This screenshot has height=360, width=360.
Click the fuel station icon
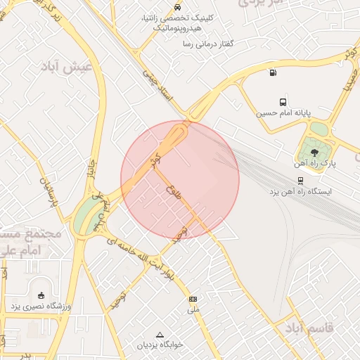pos(272,72)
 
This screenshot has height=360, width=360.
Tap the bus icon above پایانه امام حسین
pos(283,102)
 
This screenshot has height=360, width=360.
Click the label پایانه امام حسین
pos(283,113)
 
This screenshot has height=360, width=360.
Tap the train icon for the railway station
pos(301,180)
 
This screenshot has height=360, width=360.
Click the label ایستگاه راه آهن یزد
pos(300,191)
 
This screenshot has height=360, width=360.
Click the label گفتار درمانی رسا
pos(207,44)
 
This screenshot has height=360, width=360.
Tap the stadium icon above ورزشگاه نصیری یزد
pos(41,295)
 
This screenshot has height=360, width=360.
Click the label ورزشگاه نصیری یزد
pos(41,307)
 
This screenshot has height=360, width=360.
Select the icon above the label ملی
pos(193,299)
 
